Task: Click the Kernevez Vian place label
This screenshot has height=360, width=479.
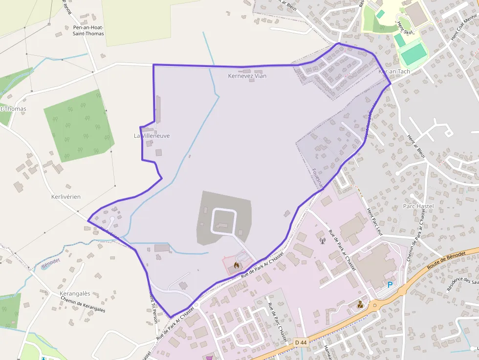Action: point(247,76)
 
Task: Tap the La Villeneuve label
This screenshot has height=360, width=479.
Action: point(152,135)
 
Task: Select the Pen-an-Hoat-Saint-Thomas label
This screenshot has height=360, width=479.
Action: point(88,31)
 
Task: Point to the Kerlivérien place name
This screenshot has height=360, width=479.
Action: point(66,196)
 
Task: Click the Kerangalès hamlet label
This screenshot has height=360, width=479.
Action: point(75,294)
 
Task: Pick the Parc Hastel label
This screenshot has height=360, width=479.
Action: point(418,207)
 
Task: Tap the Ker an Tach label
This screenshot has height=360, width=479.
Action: point(394,71)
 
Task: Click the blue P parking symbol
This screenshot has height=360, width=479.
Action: point(390,285)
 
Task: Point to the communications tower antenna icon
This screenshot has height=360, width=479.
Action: point(322,240)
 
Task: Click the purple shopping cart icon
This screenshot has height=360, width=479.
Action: point(210,358)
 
